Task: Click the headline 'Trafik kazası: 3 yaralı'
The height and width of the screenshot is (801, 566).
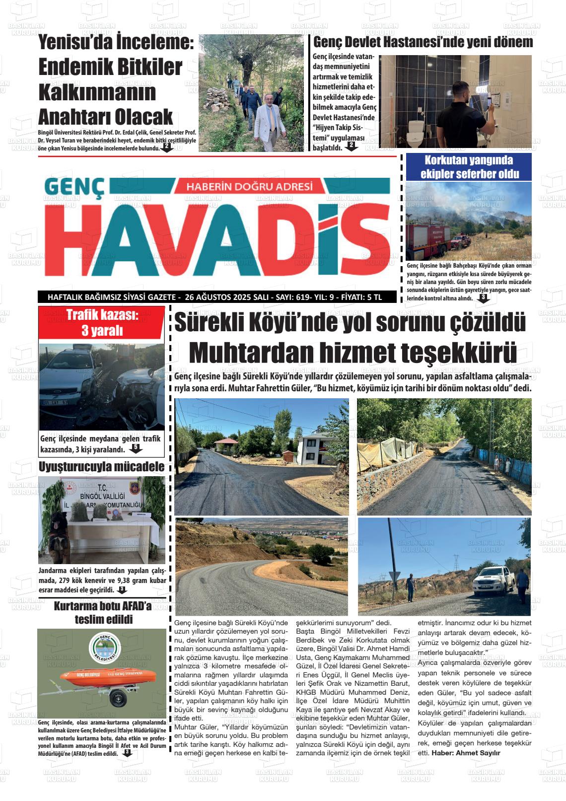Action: coord(102,322)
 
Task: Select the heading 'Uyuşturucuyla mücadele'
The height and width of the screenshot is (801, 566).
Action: coord(101,466)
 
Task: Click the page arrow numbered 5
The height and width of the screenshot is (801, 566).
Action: coord(135,448)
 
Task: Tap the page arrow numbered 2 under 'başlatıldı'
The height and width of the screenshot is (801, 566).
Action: coord(351,146)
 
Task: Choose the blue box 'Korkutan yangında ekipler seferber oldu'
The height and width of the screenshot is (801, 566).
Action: coord(469,167)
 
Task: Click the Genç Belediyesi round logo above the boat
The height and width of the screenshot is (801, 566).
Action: coord(104,650)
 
